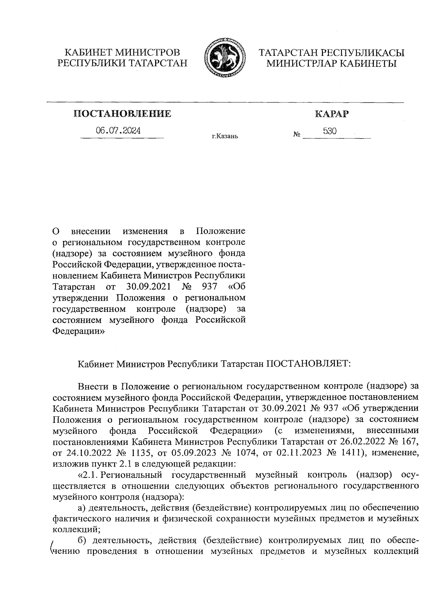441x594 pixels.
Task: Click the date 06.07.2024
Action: coord(118,130)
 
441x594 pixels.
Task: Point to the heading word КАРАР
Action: coord(331,114)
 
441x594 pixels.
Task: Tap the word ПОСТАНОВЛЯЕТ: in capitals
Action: coord(309,364)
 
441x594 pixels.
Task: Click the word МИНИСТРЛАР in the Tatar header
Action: coord(300,64)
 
